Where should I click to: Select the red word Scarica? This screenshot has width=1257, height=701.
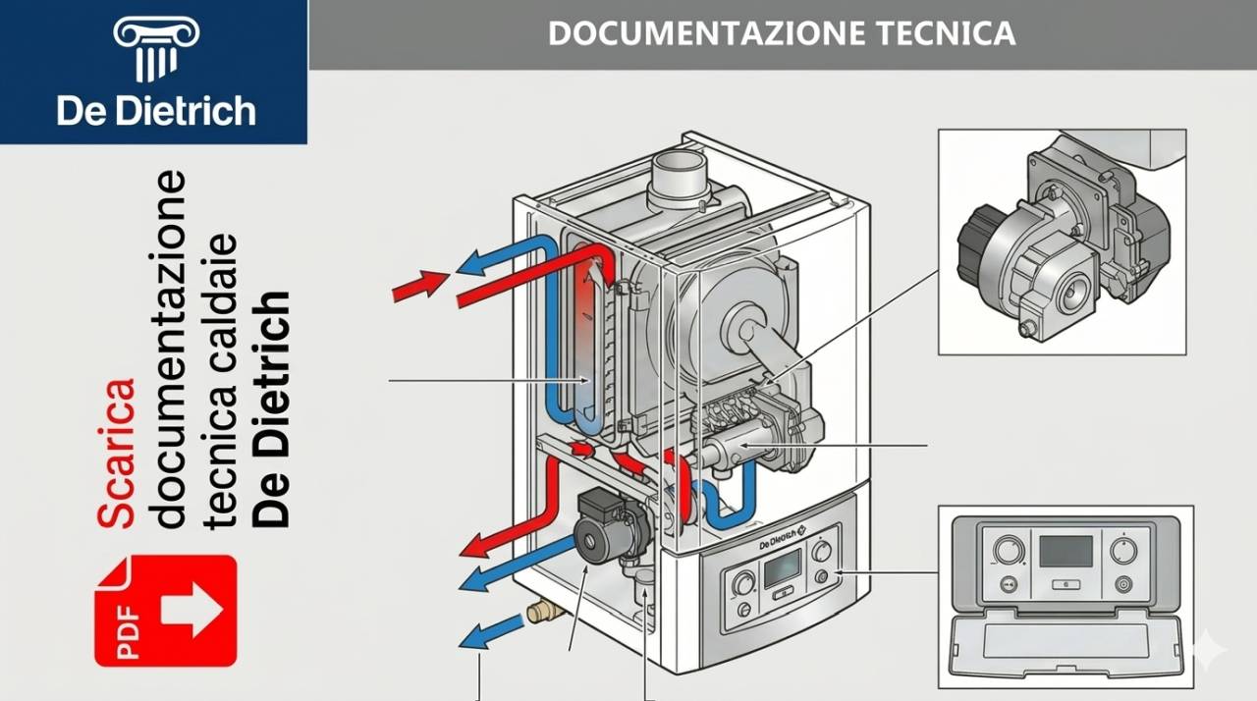[x=116, y=453]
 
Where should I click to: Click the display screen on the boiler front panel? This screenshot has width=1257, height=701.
[x=783, y=566]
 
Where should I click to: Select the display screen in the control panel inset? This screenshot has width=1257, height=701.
[x=1066, y=552]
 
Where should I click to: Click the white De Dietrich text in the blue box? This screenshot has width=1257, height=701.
[x=156, y=110]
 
